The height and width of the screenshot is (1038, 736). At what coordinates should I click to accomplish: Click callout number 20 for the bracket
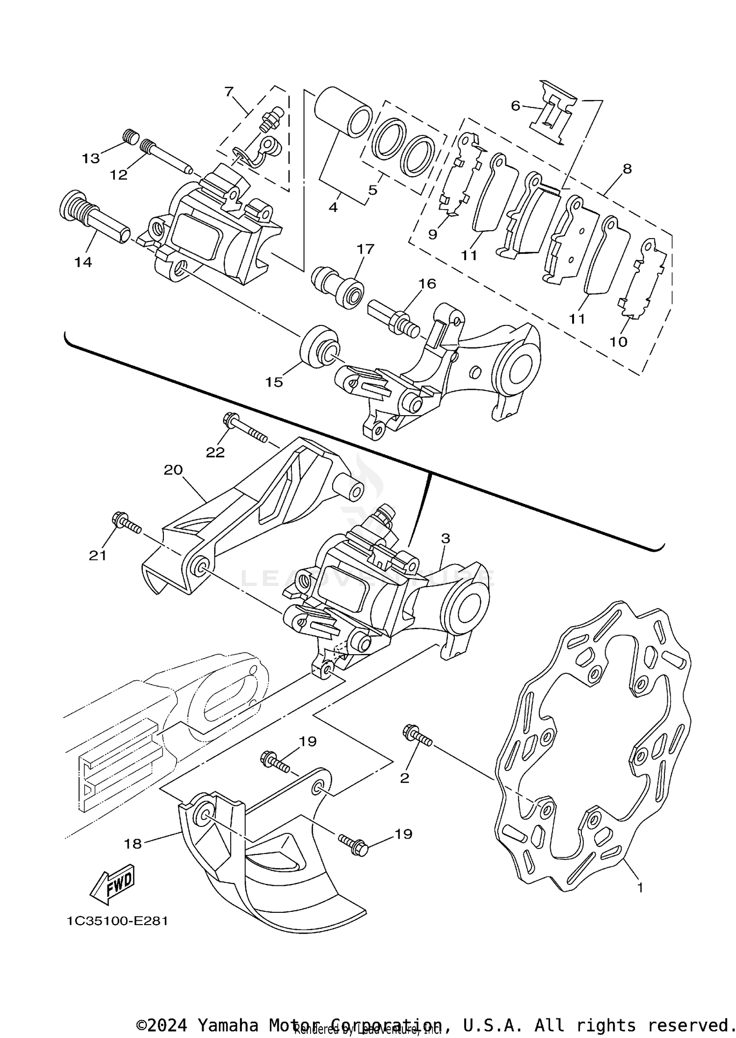click(x=173, y=470)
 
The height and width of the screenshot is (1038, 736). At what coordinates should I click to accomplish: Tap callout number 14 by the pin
click(x=83, y=262)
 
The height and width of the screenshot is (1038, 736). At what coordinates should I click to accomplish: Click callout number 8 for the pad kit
click(x=627, y=169)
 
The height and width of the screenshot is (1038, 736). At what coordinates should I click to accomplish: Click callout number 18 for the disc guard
click(x=132, y=843)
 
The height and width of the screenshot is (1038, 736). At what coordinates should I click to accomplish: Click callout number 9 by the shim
click(x=432, y=234)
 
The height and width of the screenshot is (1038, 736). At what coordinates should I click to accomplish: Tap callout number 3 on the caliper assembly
click(x=445, y=538)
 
